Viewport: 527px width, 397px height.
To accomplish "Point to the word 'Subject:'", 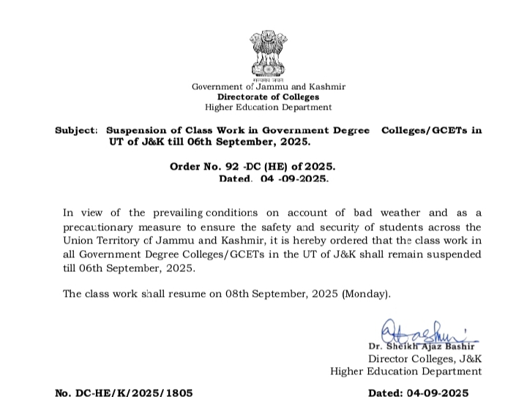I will (75, 130).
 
